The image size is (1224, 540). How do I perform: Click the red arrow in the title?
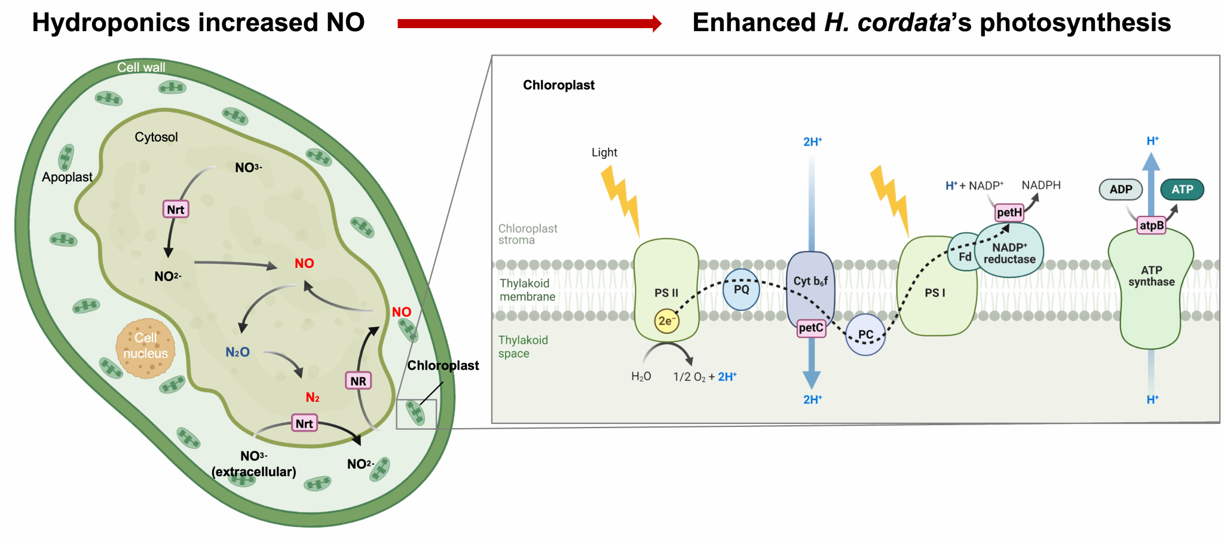coord(529,23)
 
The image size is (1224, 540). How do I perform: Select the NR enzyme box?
coord(358,381)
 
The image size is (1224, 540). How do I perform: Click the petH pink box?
coord(1009,212)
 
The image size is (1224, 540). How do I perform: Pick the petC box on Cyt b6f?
coord(811,328)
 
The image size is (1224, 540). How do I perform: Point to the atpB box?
coord(1151,225)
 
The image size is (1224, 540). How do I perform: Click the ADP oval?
coord(1121,190)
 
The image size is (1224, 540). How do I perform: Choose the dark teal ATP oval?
coord(1182,190)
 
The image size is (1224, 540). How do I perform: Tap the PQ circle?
coord(741,289)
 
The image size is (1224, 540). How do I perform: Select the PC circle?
coord(865,335)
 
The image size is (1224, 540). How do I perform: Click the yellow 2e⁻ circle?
coord(666,321)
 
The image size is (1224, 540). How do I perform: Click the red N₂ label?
coord(313,398)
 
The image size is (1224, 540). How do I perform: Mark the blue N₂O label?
coord(237,352)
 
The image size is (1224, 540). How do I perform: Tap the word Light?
coord(604,152)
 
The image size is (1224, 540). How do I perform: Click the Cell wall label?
coord(141,68)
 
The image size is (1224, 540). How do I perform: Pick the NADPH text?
coord(1041,185)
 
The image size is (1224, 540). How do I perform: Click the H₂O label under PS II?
coord(641,377)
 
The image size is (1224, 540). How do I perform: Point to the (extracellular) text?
coord(253,472)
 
